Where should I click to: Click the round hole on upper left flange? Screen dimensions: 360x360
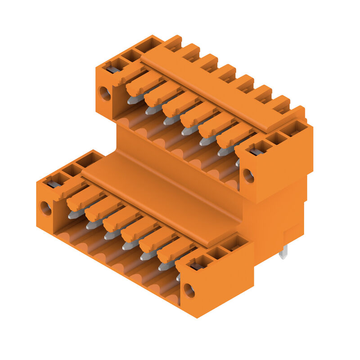(104, 94)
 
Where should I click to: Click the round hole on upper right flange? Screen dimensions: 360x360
(248, 175)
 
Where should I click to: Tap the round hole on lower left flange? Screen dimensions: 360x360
(46, 208)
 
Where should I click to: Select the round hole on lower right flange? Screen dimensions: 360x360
(189, 290)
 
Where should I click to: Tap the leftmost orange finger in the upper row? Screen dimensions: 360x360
(143, 83)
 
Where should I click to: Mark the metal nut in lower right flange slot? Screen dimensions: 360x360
(197, 266)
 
